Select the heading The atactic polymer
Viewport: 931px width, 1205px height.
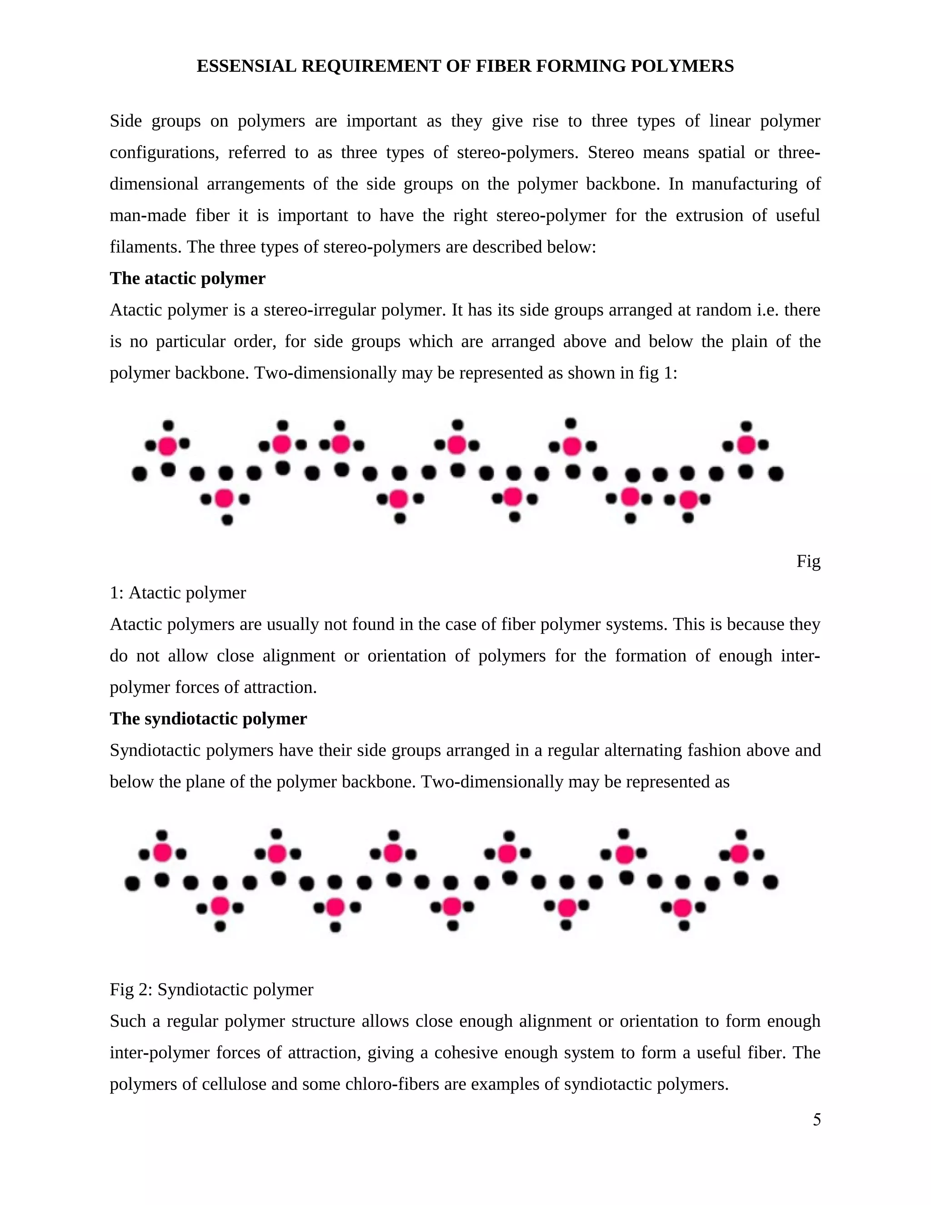click(188, 278)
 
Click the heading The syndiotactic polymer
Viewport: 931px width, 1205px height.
click(208, 718)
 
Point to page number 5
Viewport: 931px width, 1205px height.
click(817, 1120)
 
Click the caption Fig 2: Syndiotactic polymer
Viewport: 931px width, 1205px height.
click(211, 989)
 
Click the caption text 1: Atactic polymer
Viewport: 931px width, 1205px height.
click(178, 592)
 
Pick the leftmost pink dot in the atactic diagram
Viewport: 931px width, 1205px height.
click(167, 445)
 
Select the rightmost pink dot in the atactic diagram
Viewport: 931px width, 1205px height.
click(746, 444)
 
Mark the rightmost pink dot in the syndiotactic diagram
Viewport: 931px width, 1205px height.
click(740, 853)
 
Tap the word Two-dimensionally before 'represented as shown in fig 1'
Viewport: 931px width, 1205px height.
click(326, 373)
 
